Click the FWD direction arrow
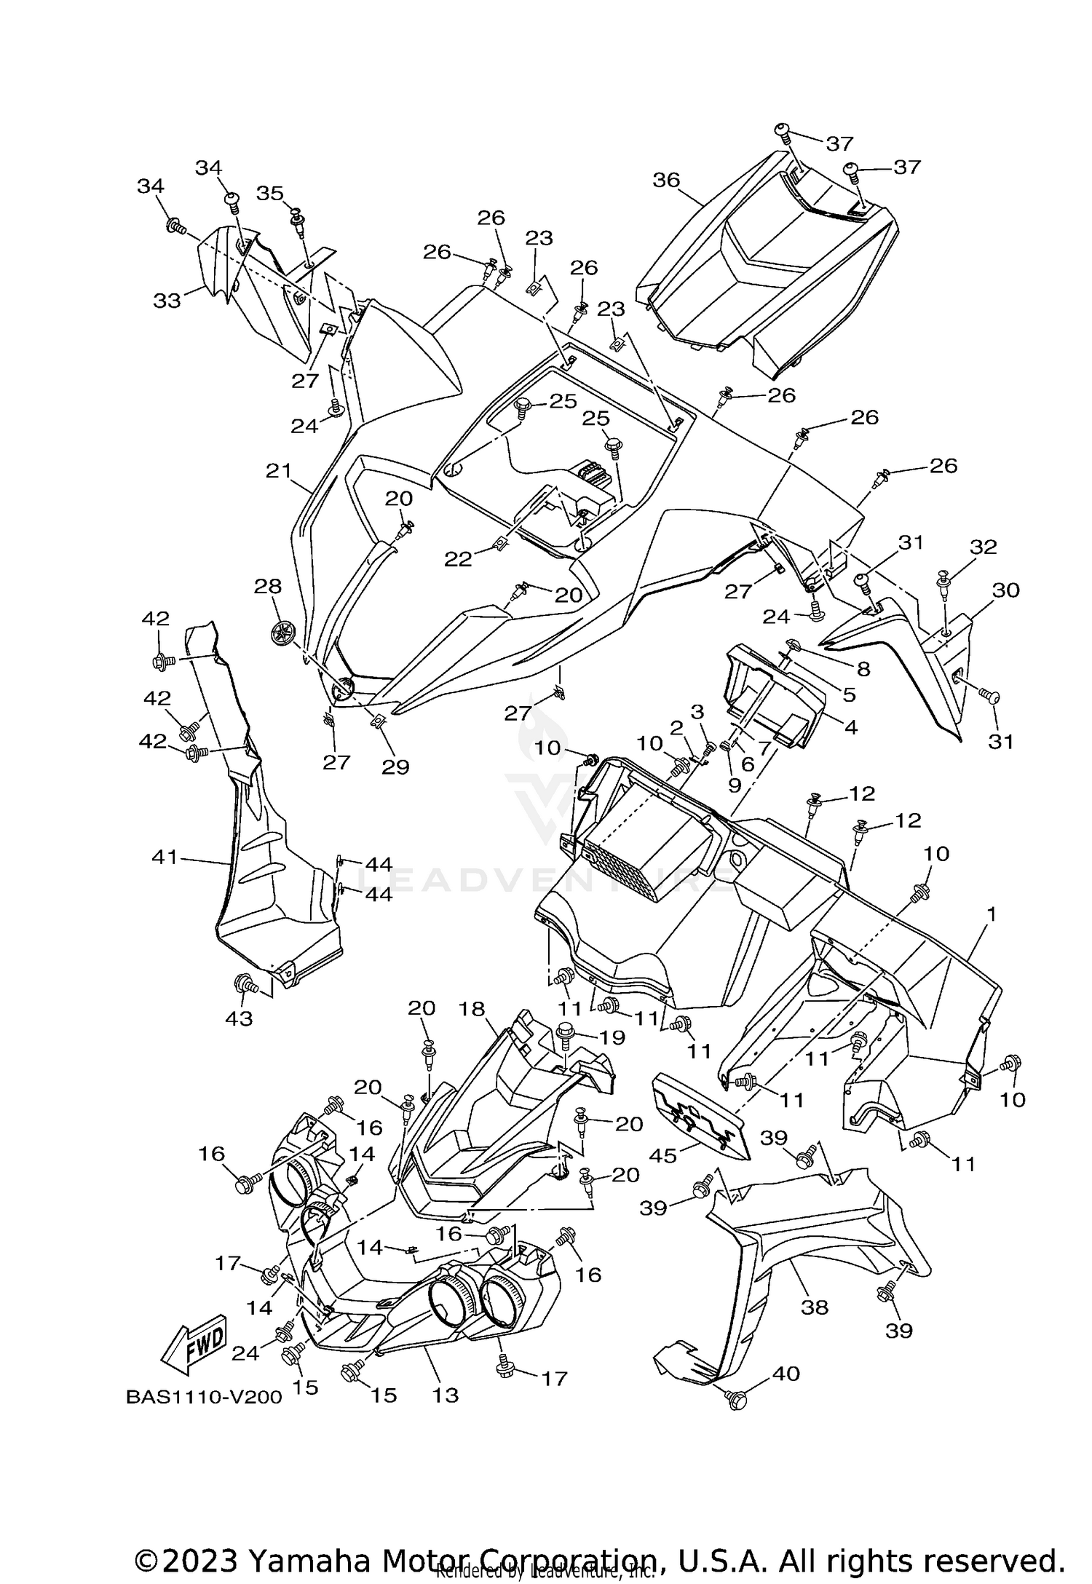coord(194,1342)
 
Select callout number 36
coord(666,180)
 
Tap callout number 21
coord(278,471)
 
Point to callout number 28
coord(268,587)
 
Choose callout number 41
coord(165,858)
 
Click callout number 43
coord(239,1018)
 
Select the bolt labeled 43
coord(244,986)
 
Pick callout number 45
coord(664,1155)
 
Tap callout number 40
coord(786,1374)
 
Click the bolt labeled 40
coord(737,1398)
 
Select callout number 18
coord(472,1009)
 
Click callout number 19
coord(612,1037)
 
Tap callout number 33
coord(167,299)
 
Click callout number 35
coord(270,193)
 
